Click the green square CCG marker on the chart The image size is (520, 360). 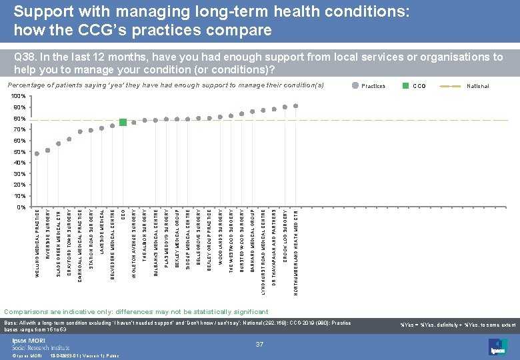click(x=123, y=122)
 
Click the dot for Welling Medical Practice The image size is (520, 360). click(x=37, y=153)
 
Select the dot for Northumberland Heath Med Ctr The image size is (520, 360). click(x=295, y=106)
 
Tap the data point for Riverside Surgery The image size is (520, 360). click(x=48, y=150)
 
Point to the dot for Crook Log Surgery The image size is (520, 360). click(x=285, y=107)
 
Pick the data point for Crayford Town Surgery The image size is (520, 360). click(x=69, y=139)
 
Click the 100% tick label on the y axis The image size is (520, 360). click(x=19, y=97)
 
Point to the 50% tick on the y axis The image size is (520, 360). click(x=19, y=152)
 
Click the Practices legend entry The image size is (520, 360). click(x=371, y=86)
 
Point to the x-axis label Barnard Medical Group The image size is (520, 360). click(x=253, y=239)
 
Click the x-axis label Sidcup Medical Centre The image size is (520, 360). click(x=188, y=239)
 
